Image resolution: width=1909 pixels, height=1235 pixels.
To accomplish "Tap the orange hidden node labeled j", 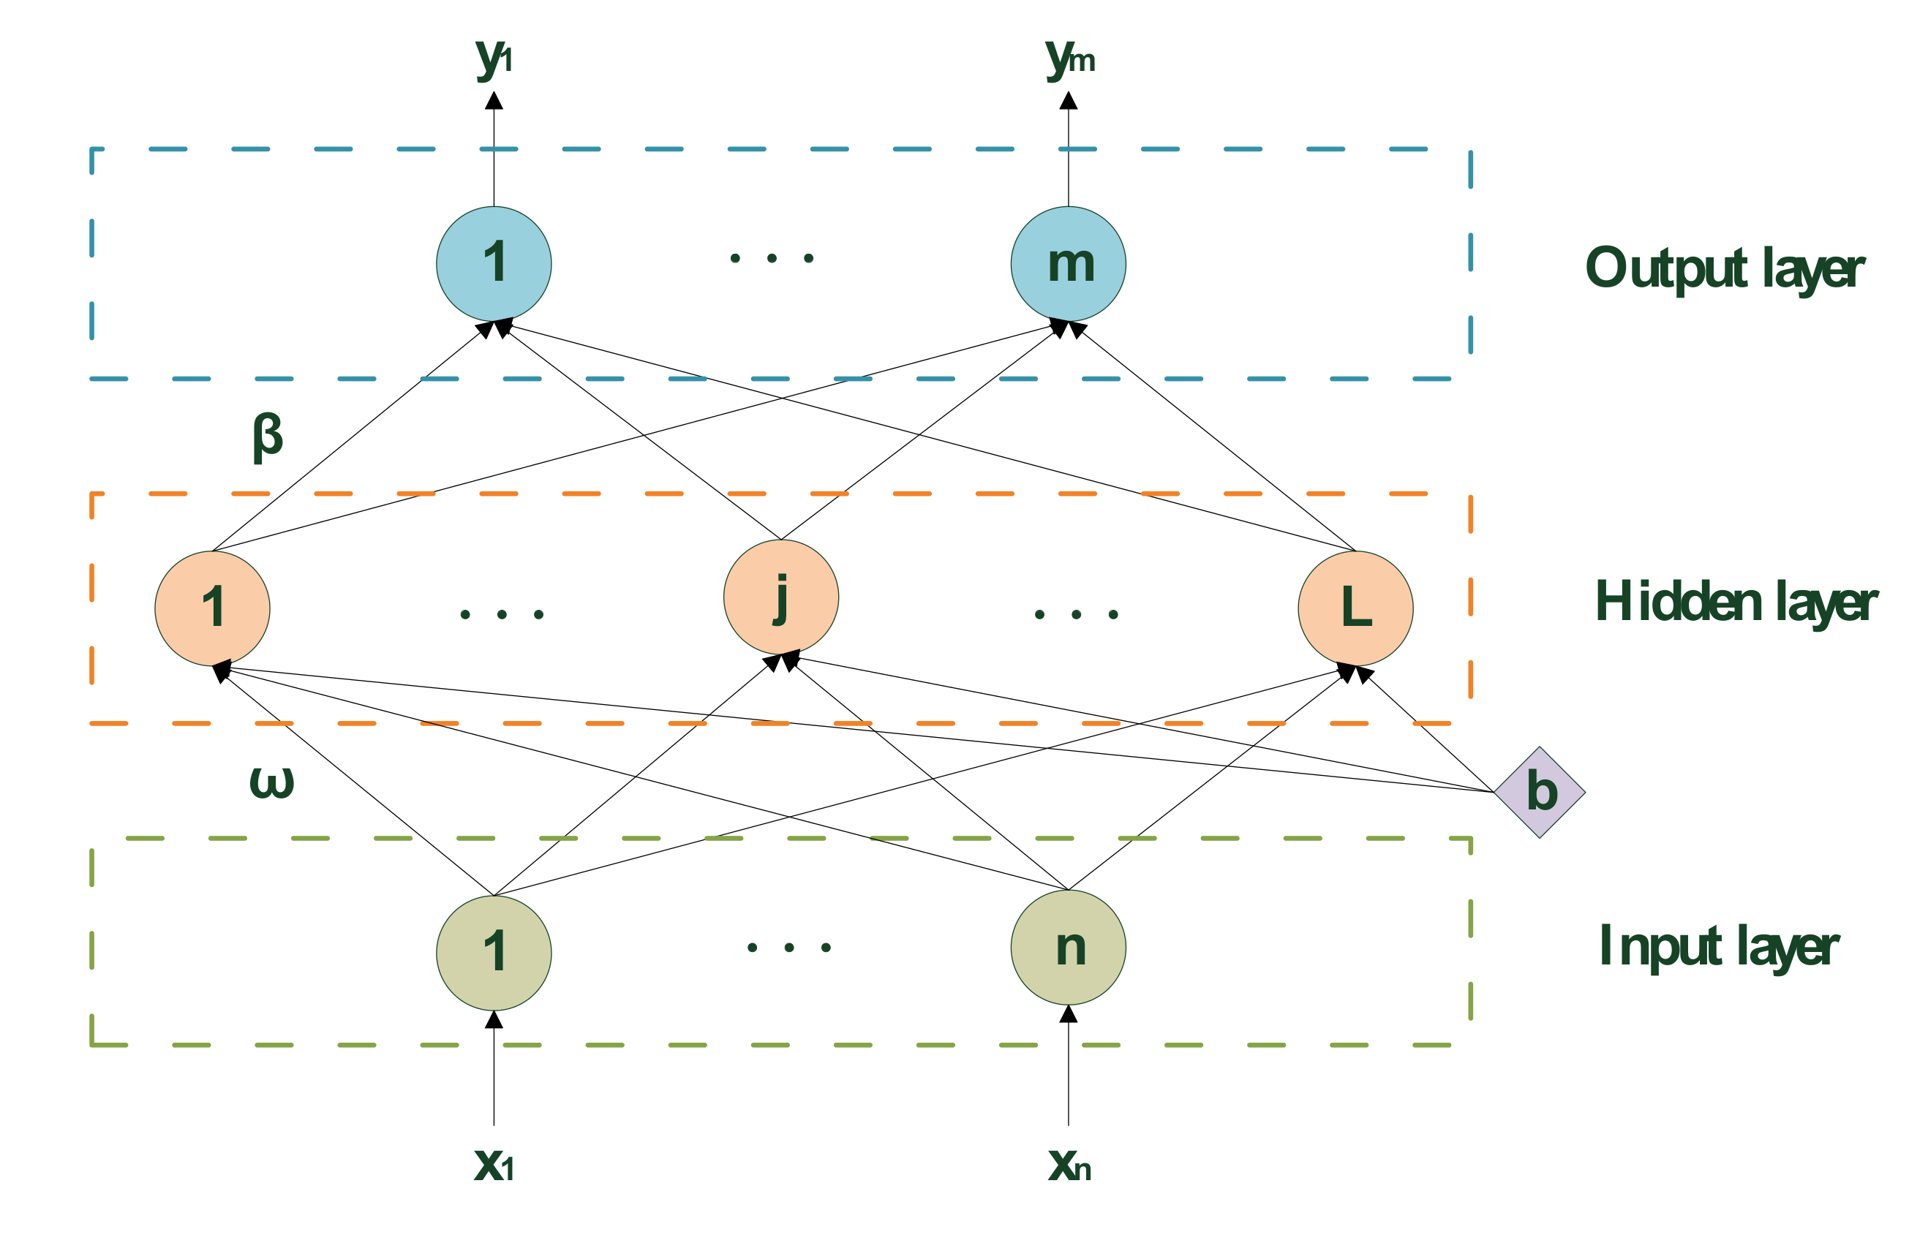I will click(x=780, y=597).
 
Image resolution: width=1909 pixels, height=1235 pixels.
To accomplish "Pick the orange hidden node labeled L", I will click(x=1355, y=608).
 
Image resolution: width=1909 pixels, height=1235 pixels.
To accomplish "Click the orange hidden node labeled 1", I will click(x=212, y=608).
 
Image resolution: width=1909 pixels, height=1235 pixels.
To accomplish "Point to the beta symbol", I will click(x=267, y=437).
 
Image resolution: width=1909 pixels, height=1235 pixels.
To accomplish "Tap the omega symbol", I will click(x=271, y=782).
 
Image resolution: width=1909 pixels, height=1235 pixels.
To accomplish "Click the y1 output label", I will click(x=493, y=58).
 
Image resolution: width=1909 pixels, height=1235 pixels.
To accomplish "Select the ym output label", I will click(x=1069, y=58).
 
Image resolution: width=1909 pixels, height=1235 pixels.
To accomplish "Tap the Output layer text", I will click(x=1725, y=268).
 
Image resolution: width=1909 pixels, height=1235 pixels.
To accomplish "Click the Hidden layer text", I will click(x=1736, y=603).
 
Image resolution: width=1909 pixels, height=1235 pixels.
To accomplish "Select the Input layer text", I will click(x=1718, y=947).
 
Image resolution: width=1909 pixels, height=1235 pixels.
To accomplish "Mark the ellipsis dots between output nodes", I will click(x=772, y=258).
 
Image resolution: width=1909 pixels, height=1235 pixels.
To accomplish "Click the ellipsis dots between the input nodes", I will click(x=788, y=947).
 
